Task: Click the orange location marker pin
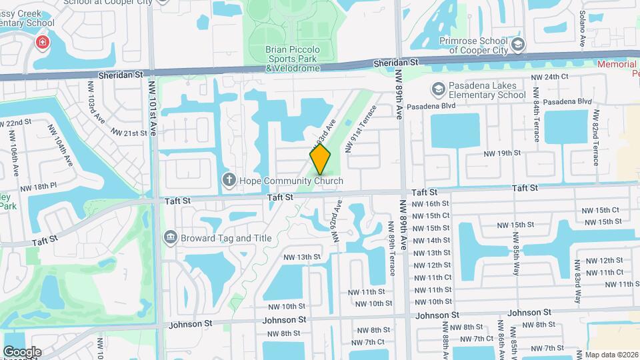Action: click(320, 159)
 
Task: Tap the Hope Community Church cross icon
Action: click(229, 180)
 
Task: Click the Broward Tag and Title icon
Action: click(171, 237)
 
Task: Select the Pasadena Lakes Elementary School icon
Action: click(438, 89)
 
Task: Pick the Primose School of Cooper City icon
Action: click(519, 45)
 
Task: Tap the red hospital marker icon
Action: click(43, 43)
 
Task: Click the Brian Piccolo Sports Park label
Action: click(293, 59)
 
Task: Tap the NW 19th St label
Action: click(501, 153)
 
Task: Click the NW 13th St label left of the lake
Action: click(302, 257)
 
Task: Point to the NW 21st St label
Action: click(129, 133)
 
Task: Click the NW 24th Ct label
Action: click(549, 77)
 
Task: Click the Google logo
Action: click(22, 351)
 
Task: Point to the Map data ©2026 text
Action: click(609, 355)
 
